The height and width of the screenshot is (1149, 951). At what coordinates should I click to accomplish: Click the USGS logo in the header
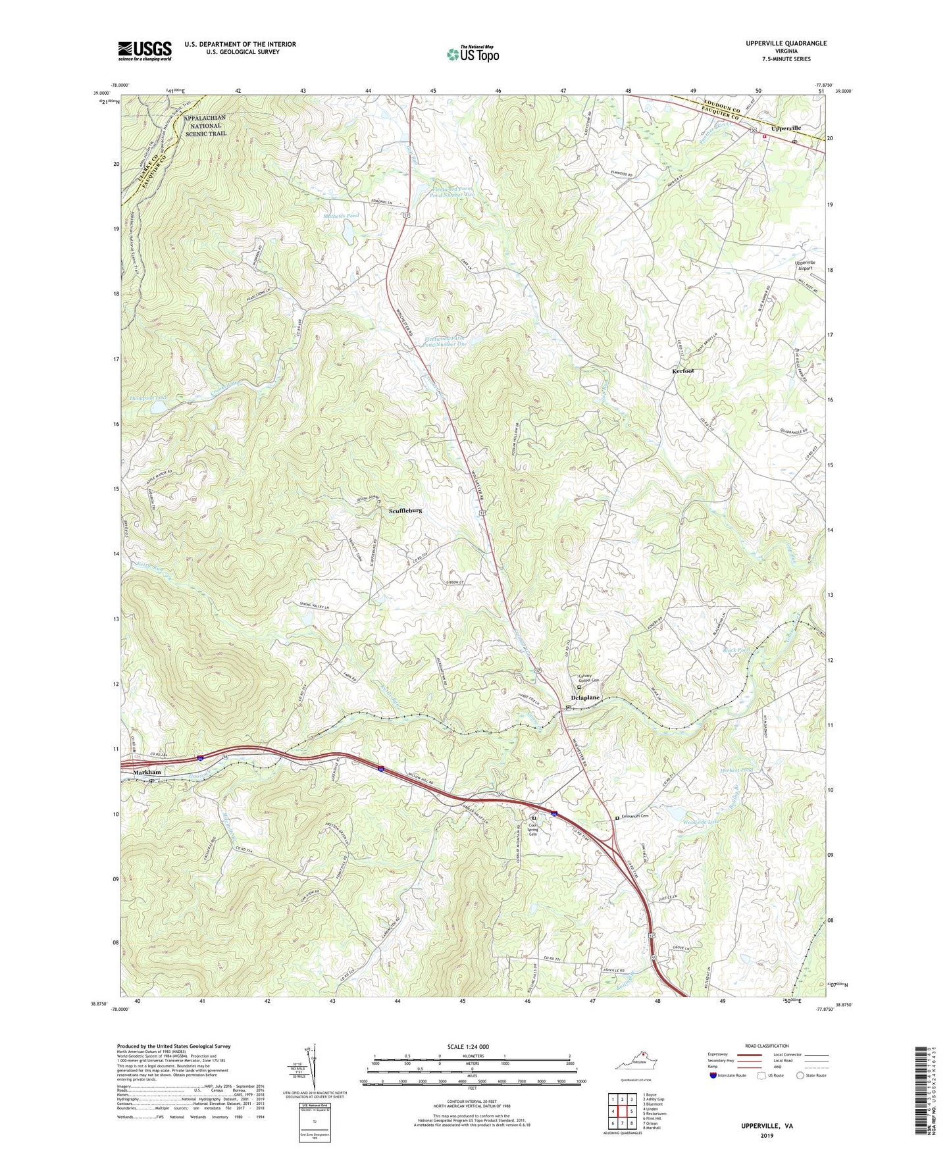click(x=145, y=51)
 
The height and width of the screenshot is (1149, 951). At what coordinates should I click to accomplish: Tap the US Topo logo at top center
click(x=472, y=54)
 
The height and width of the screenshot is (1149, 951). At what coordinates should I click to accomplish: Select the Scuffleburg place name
click(x=405, y=511)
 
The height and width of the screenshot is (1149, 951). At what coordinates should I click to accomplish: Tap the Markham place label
click(x=147, y=772)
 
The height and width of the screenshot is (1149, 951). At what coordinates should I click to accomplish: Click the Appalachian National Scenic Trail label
click(x=205, y=125)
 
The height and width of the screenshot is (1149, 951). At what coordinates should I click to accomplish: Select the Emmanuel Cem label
click(x=636, y=816)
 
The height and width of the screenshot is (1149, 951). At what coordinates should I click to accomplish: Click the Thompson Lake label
click(x=148, y=398)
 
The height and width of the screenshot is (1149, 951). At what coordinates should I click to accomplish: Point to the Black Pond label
click(x=736, y=650)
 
